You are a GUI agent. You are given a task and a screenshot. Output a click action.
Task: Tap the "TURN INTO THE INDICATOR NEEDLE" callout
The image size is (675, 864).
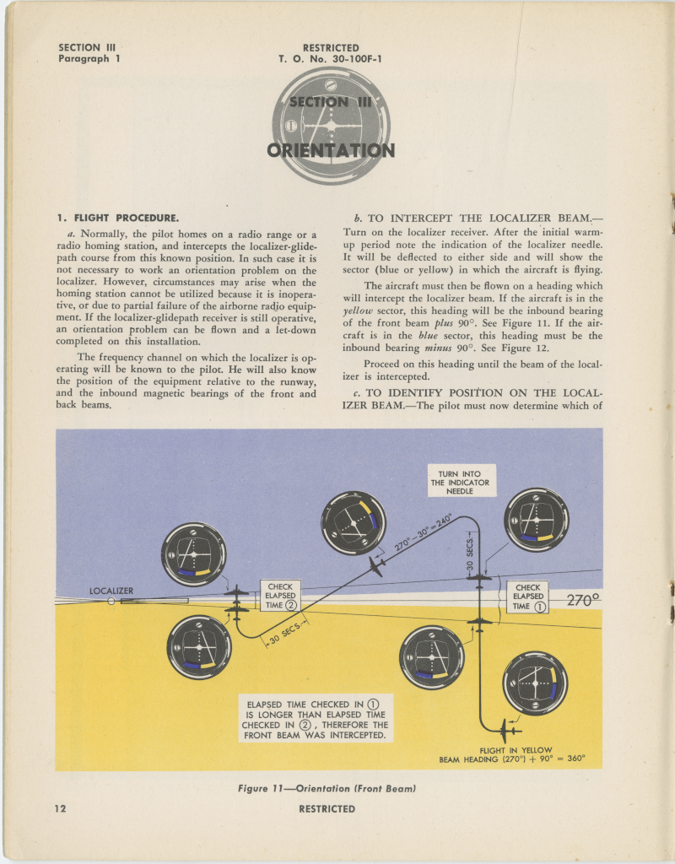tap(460, 482)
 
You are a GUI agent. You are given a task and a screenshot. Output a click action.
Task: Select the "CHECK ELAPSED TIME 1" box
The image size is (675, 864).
tap(527, 597)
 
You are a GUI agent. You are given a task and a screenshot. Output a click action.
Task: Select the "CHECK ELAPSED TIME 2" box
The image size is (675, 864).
tap(280, 595)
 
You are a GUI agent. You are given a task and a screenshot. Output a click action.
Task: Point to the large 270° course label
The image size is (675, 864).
tap(582, 601)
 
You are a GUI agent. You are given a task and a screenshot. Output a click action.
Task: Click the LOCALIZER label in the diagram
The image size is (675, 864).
tap(111, 591)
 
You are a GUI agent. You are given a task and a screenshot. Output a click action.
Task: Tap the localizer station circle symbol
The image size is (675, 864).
tap(111, 602)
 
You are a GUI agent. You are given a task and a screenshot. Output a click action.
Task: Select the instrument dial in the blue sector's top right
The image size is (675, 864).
tap(536, 519)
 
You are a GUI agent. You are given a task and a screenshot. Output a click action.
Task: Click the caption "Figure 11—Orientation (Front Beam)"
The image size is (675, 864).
tap(327, 789)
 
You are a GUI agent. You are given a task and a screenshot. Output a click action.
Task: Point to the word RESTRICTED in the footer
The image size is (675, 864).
tap(327, 808)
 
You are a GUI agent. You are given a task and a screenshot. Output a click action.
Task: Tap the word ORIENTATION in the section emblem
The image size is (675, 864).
tap(331, 151)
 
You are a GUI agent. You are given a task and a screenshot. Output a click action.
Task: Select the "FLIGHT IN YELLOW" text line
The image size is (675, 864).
tap(516, 749)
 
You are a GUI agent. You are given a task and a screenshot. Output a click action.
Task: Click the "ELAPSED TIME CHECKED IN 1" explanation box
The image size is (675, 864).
tap(315, 720)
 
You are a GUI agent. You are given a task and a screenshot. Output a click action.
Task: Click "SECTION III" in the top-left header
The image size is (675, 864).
tap(88, 48)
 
